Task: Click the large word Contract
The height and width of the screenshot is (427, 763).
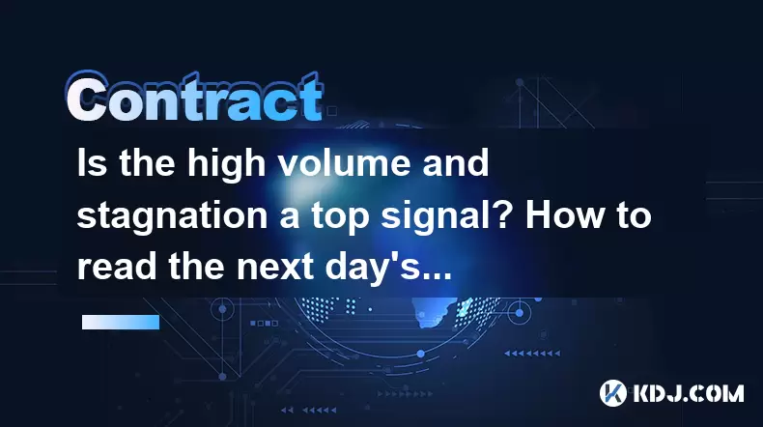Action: [x=194, y=97]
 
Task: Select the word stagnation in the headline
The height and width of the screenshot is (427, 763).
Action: [x=172, y=215]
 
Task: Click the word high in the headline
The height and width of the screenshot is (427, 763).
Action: [x=227, y=164]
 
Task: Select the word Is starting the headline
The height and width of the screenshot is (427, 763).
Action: [x=92, y=162]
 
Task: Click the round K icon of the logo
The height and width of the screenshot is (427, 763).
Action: [x=612, y=393]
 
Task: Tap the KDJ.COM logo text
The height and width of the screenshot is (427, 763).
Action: [x=688, y=393]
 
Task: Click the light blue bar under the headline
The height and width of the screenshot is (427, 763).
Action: [x=121, y=323]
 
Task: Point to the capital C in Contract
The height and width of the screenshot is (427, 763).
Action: [x=87, y=98]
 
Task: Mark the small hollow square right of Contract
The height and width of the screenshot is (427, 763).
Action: [x=332, y=111]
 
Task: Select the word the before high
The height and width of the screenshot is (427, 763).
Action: [x=147, y=162]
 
